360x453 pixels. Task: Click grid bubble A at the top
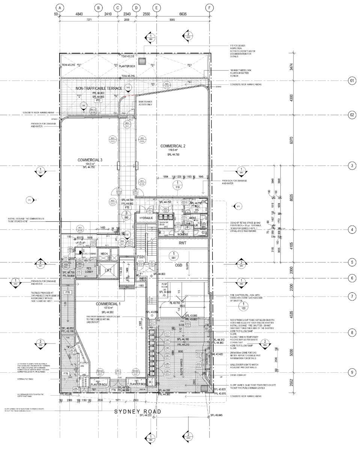click(60, 8)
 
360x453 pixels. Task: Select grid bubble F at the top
click(210, 8)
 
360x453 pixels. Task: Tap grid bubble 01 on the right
click(352, 81)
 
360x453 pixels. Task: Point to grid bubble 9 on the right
click(352, 372)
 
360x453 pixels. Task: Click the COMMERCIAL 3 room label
click(90, 160)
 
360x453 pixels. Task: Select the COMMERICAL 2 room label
click(173, 146)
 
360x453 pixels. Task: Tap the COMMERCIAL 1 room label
click(108, 304)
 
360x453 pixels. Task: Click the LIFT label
click(108, 270)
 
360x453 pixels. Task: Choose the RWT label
click(182, 243)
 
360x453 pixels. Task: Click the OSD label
click(179, 265)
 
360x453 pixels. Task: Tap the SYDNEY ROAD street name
click(138, 412)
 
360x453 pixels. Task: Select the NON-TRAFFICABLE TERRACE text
click(99, 88)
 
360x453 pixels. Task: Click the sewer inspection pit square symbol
click(142, 61)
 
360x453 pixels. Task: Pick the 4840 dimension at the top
click(79, 14)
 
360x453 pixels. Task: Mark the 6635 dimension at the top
click(183, 14)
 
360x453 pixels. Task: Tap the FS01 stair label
click(141, 257)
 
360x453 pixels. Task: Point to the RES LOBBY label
click(89, 270)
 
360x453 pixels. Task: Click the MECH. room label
click(104, 254)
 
